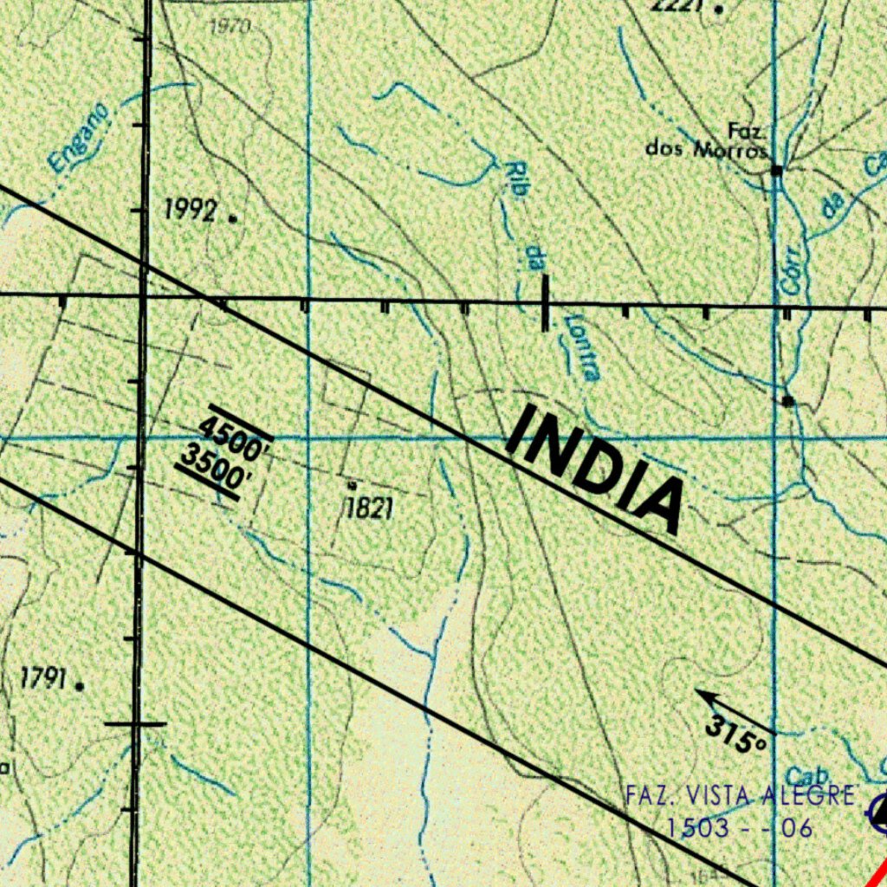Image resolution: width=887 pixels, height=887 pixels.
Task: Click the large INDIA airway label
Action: point(596,468)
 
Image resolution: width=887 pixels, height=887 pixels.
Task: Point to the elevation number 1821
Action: point(369,508)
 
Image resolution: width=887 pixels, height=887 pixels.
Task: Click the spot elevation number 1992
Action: point(191,210)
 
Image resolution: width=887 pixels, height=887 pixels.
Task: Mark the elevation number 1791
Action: point(43,679)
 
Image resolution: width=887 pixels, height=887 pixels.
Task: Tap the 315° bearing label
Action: point(736,733)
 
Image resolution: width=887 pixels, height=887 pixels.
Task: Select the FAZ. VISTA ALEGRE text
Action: point(741,795)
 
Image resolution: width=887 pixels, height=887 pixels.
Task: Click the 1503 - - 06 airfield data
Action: point(739,828)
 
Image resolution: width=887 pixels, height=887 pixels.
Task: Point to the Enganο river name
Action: point(80,137)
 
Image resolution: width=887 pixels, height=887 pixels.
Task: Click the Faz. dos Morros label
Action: point(707,140)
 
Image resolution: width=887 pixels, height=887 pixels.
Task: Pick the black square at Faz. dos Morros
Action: point(777,171)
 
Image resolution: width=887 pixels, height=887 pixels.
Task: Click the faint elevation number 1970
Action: point(230,26)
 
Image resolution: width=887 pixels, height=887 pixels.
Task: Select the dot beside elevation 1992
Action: point(232,218)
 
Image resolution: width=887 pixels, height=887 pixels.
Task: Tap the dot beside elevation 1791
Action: point(80,686)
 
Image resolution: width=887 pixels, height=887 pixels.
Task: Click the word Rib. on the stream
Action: point(517,178)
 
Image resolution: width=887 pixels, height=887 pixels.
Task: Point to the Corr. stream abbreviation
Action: point(792,269)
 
